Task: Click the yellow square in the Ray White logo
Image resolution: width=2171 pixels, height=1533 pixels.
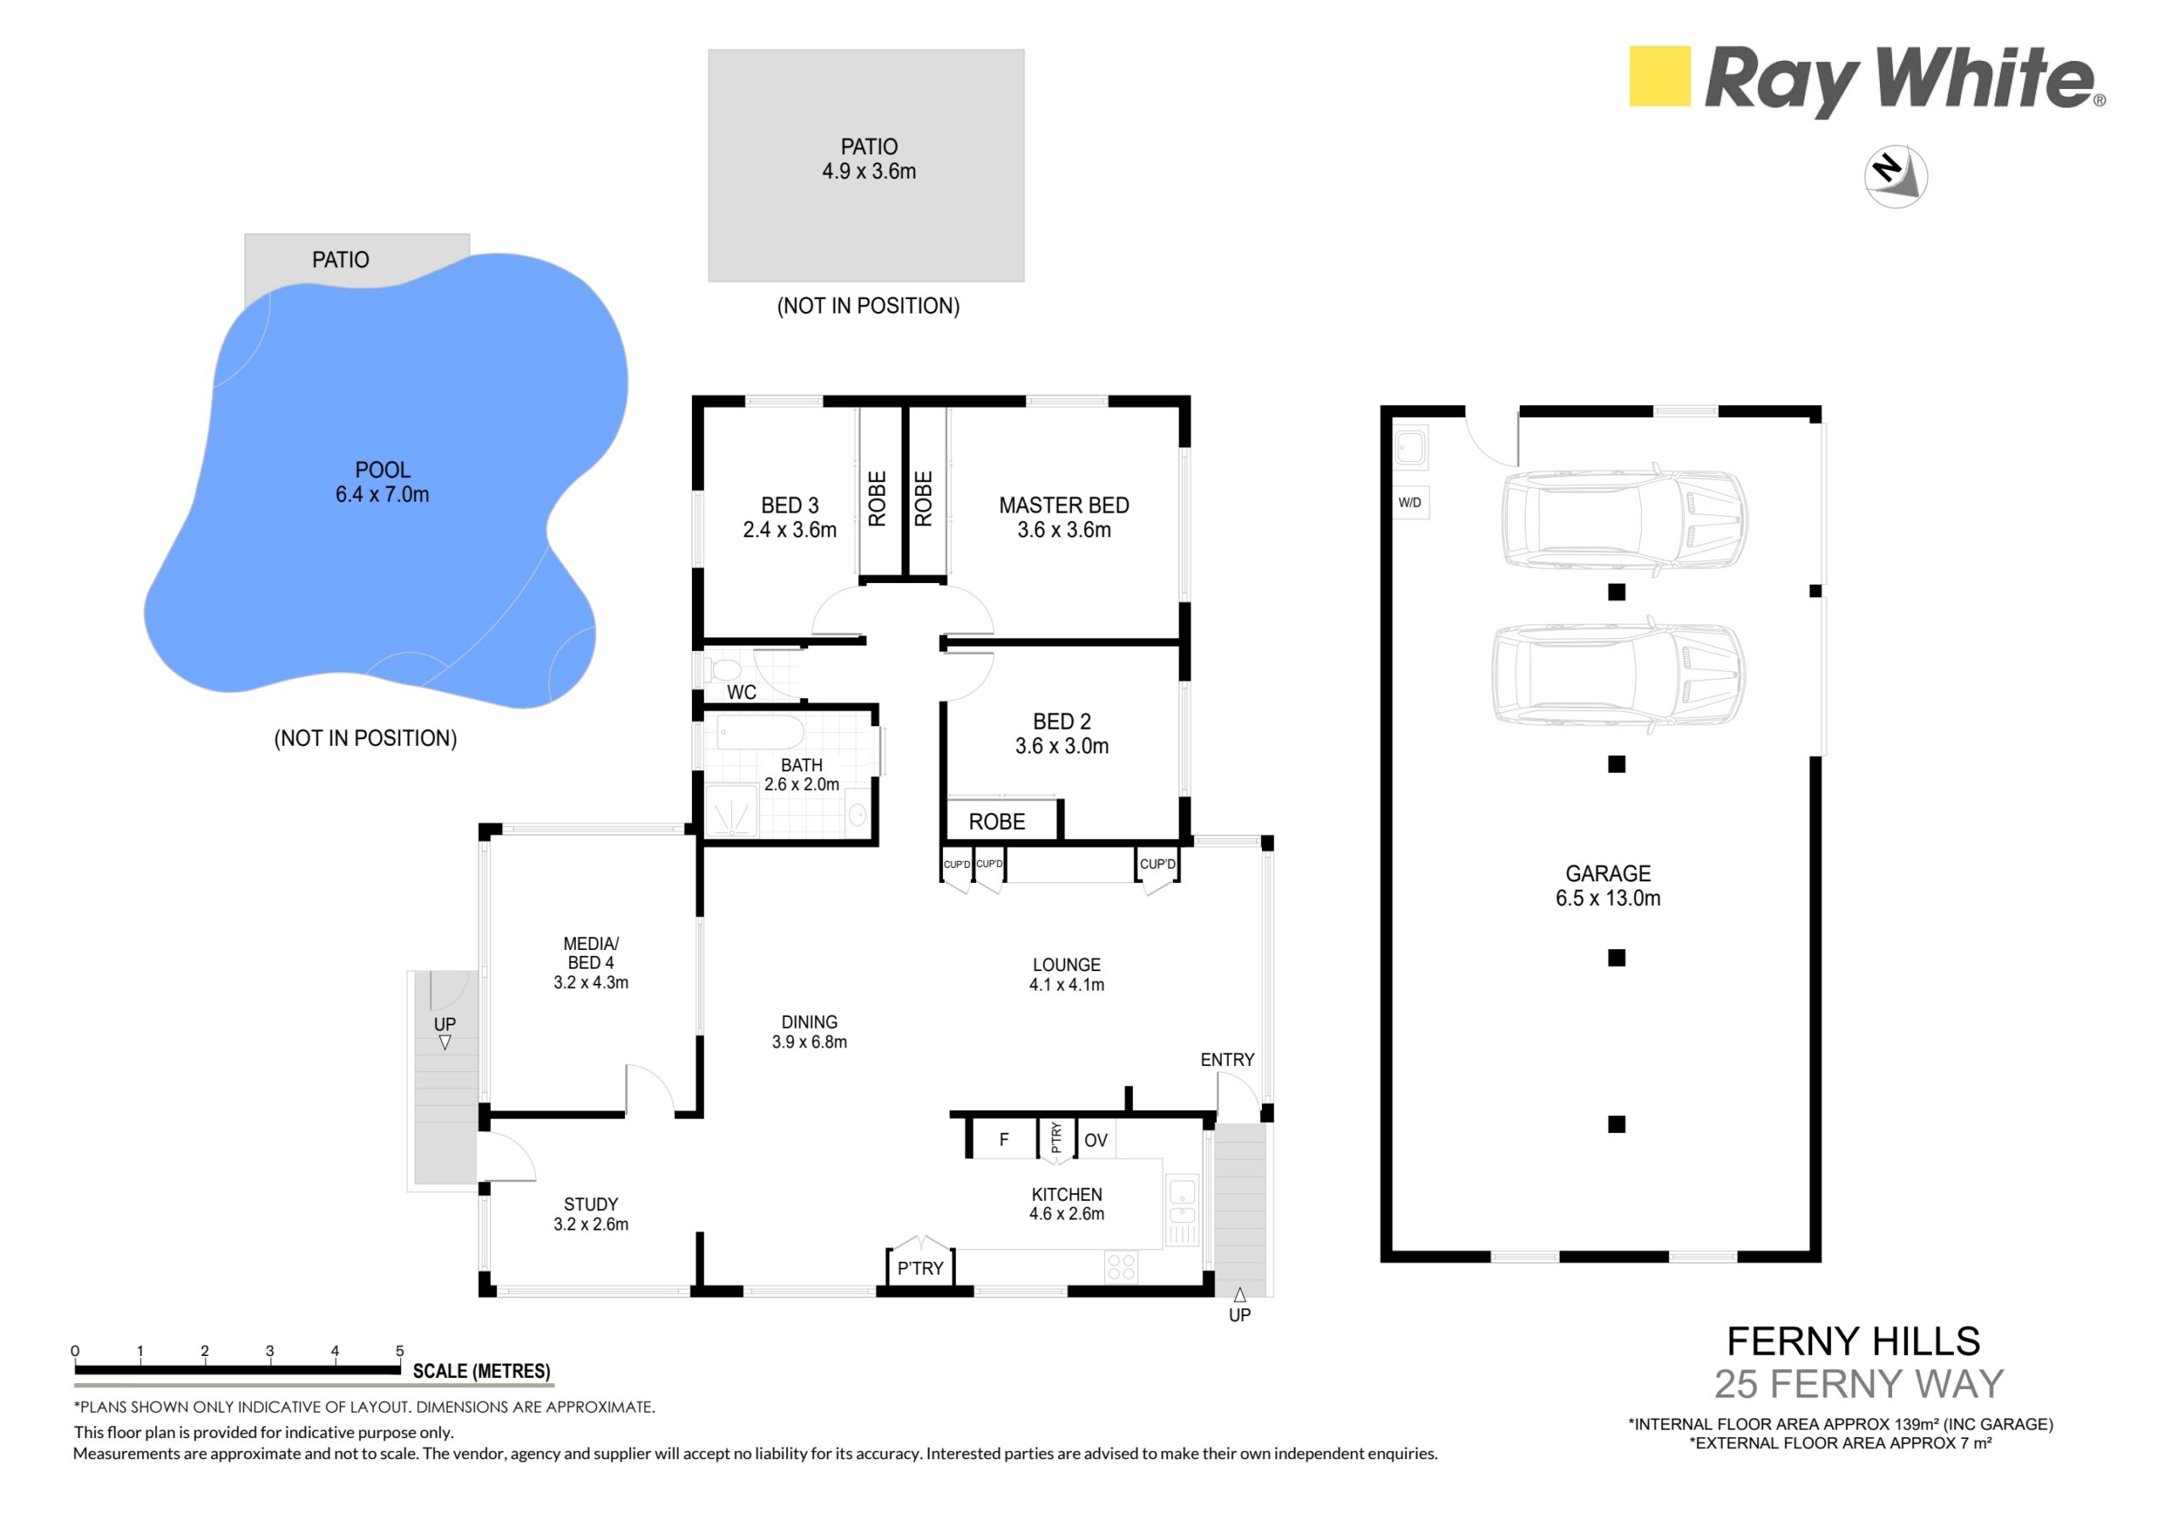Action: coord(1660,75)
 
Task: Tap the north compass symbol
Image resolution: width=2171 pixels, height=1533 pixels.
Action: coord(1896,175)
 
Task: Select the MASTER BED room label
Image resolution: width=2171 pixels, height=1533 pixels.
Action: coord(1063,506)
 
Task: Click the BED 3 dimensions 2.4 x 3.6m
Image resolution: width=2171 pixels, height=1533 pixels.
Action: coord(790,530)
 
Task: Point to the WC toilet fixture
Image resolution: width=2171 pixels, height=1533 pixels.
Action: coord(726,670)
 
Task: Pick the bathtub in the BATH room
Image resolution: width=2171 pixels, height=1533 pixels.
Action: coord(760,732)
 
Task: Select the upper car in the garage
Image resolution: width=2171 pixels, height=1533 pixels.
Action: coord(1625,519)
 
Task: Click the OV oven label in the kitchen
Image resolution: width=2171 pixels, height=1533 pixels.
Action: coord(1096,1141)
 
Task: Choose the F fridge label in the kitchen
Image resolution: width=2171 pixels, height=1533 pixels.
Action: coord(1004,1140)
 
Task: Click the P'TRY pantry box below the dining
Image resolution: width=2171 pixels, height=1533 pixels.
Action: coord(920,1269)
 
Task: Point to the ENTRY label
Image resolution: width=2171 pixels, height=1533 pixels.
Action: coord(1227,1059)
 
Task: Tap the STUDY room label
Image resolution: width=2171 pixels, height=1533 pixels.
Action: coord(591,1204)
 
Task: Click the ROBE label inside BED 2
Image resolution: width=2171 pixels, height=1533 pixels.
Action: coord(996,821)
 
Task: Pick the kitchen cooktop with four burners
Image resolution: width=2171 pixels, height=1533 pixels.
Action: coord(1120,1266)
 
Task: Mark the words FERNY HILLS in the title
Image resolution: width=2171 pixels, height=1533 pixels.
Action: coord(1853,1341)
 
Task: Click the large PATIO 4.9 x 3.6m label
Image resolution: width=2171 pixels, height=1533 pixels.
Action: coord(869,158)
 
